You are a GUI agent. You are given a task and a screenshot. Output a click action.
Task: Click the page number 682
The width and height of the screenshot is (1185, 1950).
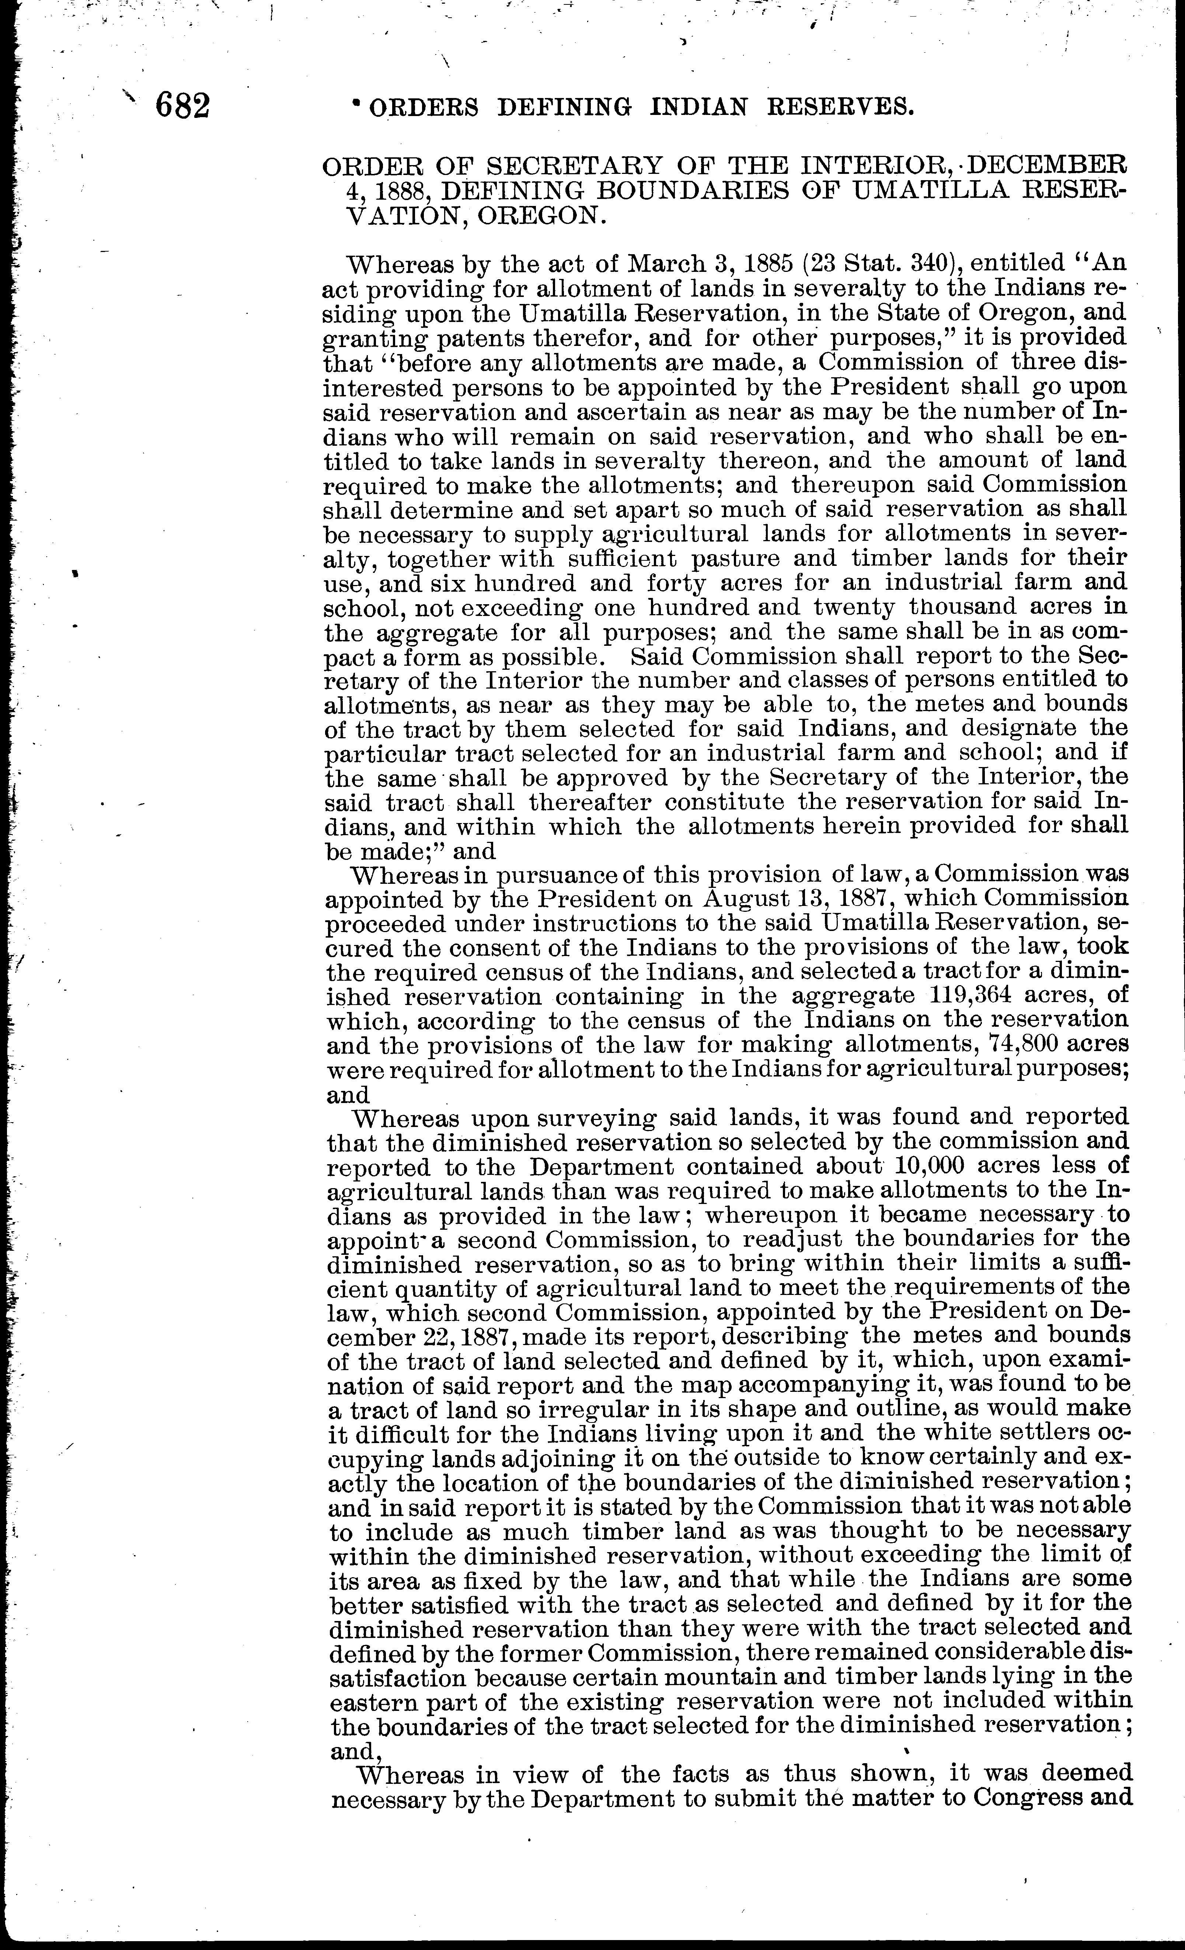[x=183, y=105]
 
